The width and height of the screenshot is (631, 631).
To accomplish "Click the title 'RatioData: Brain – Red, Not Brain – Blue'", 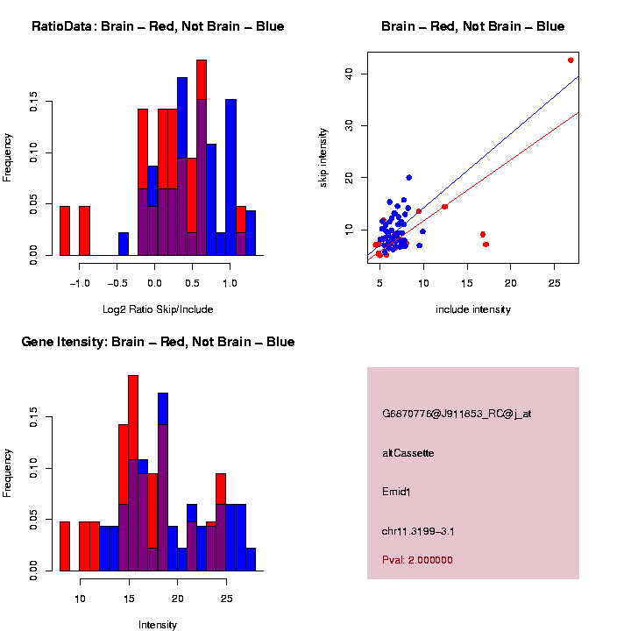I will coord(158,26).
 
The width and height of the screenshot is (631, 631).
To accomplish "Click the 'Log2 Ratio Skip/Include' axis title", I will coord(158,309).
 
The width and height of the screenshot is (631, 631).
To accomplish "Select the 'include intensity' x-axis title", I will coord(473,309).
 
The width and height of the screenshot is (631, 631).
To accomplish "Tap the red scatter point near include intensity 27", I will coord(571,60).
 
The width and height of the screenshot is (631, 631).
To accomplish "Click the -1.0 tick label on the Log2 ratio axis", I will coord(80,282).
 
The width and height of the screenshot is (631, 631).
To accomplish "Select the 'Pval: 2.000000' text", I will coord(417,560).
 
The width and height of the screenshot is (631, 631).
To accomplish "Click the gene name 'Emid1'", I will coord(396,492).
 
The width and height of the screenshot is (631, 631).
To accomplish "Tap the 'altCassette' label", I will coord(408,453).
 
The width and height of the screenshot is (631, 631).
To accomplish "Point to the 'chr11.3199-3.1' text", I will coord(418,531).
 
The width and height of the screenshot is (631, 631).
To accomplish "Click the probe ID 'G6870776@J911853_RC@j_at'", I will coord(457,414).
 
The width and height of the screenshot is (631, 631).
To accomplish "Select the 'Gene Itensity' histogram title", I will coord(158,342).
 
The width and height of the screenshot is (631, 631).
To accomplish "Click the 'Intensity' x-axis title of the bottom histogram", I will coord(158,625).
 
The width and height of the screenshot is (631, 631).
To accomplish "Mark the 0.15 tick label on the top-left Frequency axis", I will coord(34,103).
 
